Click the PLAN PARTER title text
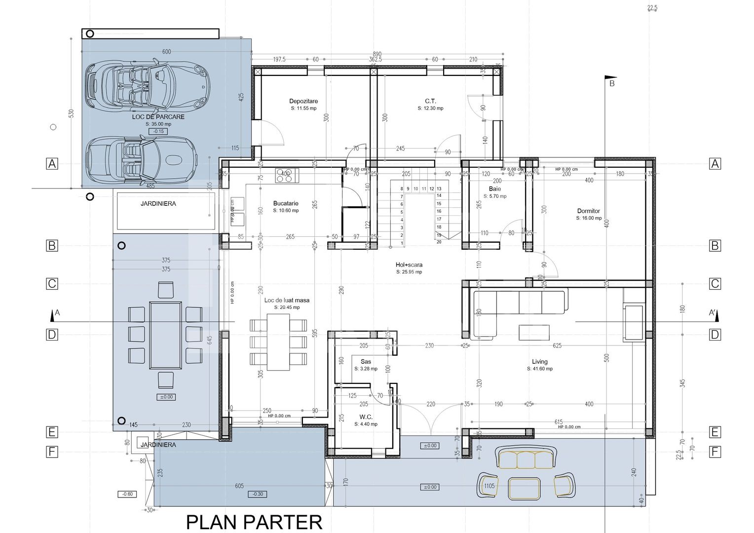(x=254, y=522)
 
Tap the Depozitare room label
(x=303, y=101)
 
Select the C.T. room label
(x=430, y=101)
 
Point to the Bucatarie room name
(x=286, y=203)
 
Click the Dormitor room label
(x=589, y=211)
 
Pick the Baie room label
(x=494, y=189)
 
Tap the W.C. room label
(x=366, y=417)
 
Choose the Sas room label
(x=366, y=362)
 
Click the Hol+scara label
(x=409, y=265)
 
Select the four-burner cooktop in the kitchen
(x=287, y=176)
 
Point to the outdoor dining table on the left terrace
(x=165, y=335)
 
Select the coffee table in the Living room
(x=533, y=332)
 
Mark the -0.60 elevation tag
(x=127, y=494)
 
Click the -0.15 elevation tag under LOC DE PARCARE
(x=158, y=131)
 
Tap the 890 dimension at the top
(x=377, y=54)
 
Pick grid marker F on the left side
(x=52, y=452)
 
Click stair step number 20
(x=439, y=242)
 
